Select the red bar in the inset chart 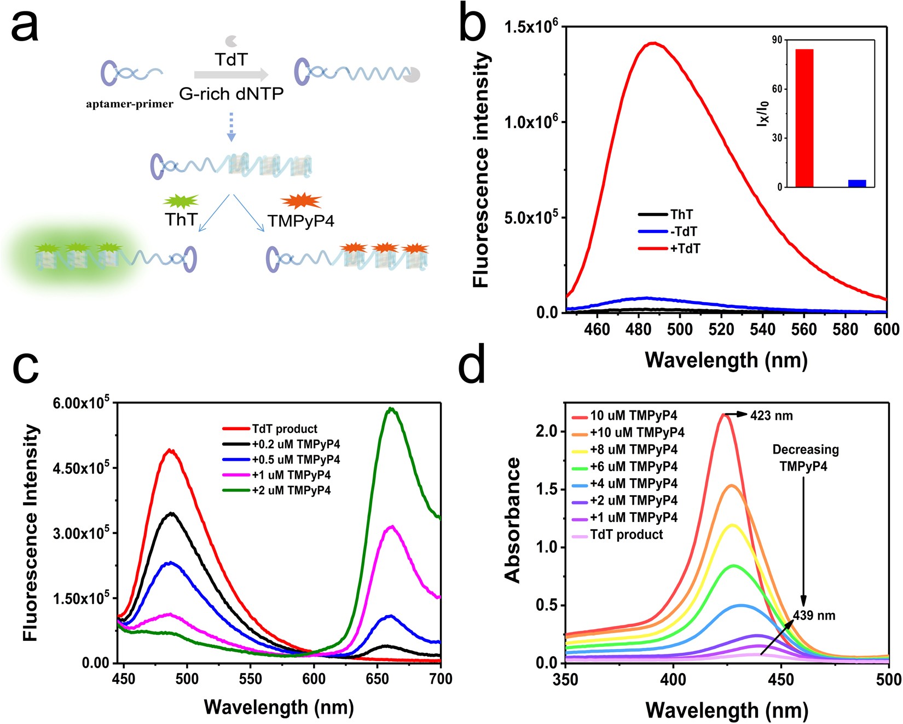click(x=804, y=118)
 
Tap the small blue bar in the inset click(x=857, y=183)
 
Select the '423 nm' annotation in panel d click(x=771, y=415)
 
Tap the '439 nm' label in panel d click(x=814, y=616)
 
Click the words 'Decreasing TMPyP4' click(x=805, y=458)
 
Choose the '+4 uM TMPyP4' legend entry click(x=633, y=483)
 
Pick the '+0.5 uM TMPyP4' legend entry click(x=296, y=459)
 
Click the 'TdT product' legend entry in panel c click(x=285, y=428)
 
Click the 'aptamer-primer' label click(x=130, y=104)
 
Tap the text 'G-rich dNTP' click(x=231, y=94)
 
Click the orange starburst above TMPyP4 click(x=300, y=201)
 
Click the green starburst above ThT click(x=181, y=201)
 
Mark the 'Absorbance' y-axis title click(x=513, y=520)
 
